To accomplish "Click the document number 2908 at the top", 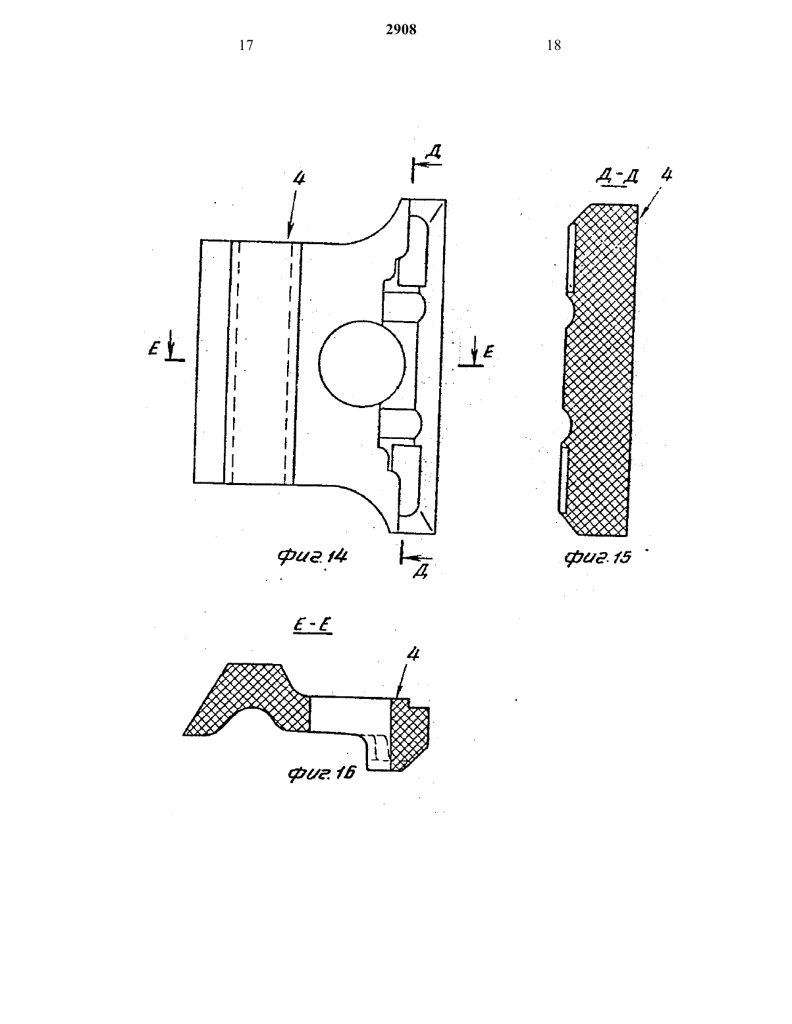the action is pyautogui.click(x=401, y=30).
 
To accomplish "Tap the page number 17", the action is pyautogui.click(x=246, y=45).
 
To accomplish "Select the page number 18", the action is pyautogui.click(x=554, y=45).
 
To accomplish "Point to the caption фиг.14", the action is pyautogui.click(x=313, y=557).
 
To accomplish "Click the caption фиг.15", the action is pyautogui.click(x=598, y=558).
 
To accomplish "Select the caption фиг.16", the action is pyautogui.click(x=321, y=773).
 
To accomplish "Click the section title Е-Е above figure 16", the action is pyautogui.click(x=312, y=626).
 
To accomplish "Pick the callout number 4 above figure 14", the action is pyautogui.click(x=299, y=178).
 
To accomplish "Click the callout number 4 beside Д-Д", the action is pyautogui.click(x=666, y=174).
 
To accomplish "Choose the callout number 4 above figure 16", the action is pyautogui.click(x=413, y=654).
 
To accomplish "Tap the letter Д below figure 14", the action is pyautogui.click(x=421, y=571).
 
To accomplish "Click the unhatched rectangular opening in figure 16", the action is pyautogui.click(x=351, y=715).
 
